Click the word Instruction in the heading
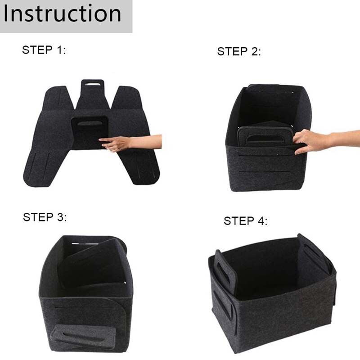62,13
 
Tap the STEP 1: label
44,50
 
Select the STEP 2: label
239,51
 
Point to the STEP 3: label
45,217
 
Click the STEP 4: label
245,220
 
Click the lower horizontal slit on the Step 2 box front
263,172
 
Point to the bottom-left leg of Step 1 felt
41,167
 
